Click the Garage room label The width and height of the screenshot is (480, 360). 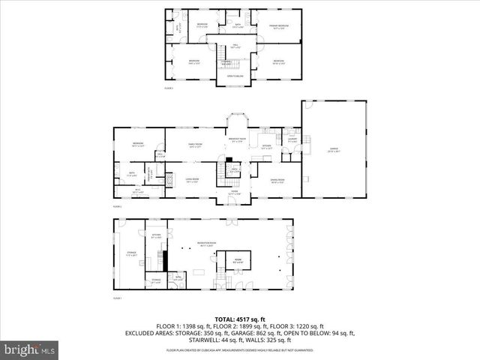coord(333,149)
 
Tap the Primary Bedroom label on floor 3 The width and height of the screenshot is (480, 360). coord(279,25)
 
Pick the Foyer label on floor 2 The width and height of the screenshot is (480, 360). coord(234,193)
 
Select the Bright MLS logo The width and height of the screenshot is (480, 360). coord(30,349)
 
